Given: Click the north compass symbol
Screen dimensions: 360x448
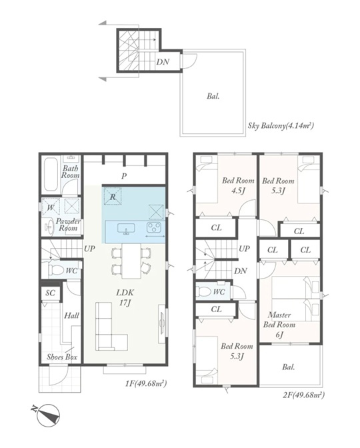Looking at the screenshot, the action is coord(48,415).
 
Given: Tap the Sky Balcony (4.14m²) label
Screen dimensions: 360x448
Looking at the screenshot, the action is coord(281,125).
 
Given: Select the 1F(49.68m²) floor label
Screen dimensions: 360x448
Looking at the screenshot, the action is coord(146,383).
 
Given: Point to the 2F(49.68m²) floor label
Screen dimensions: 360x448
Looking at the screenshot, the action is coord(304,395).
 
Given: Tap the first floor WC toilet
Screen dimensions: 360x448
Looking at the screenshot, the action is coord(55,270).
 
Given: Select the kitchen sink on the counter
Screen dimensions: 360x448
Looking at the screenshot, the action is coord(126,229).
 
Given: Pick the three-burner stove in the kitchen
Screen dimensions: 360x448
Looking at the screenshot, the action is coord(154,228).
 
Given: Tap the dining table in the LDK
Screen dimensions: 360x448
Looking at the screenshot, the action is coord(132,261).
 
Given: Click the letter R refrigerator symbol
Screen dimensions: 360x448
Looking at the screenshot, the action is coord(113,196).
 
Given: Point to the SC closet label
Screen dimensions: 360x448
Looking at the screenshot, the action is coord(50,293).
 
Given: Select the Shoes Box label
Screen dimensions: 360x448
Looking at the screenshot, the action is coord(62,357).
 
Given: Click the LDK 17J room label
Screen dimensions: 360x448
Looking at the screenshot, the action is coord(125,297).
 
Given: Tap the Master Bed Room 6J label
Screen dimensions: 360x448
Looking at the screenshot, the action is coord(279,325).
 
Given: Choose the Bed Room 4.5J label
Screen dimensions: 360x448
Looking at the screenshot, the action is coord(238,185).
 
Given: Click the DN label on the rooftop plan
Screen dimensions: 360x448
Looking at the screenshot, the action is coord(163,62).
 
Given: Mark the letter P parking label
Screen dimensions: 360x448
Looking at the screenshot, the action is coord(124,176).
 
